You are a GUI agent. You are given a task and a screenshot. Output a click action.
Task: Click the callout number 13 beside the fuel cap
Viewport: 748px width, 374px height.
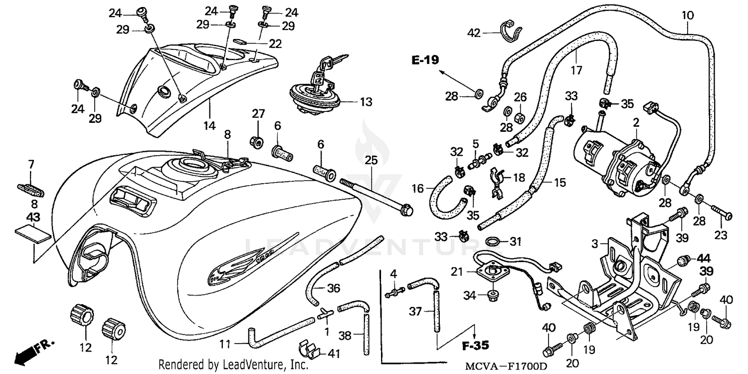(x=366, y=102)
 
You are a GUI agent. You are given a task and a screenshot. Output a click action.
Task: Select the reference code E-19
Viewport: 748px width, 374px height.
(x=425, y=60)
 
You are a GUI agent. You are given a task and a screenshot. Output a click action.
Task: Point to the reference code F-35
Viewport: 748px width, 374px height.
(x=474, y=345)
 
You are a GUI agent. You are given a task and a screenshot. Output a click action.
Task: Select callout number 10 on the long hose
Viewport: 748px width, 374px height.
(x=688, y=15)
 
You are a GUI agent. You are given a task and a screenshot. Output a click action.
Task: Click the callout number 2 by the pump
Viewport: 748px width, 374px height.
(x=636, y=122)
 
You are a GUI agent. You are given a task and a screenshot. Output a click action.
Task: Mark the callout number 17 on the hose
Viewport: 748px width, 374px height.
(x=576, y=70)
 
